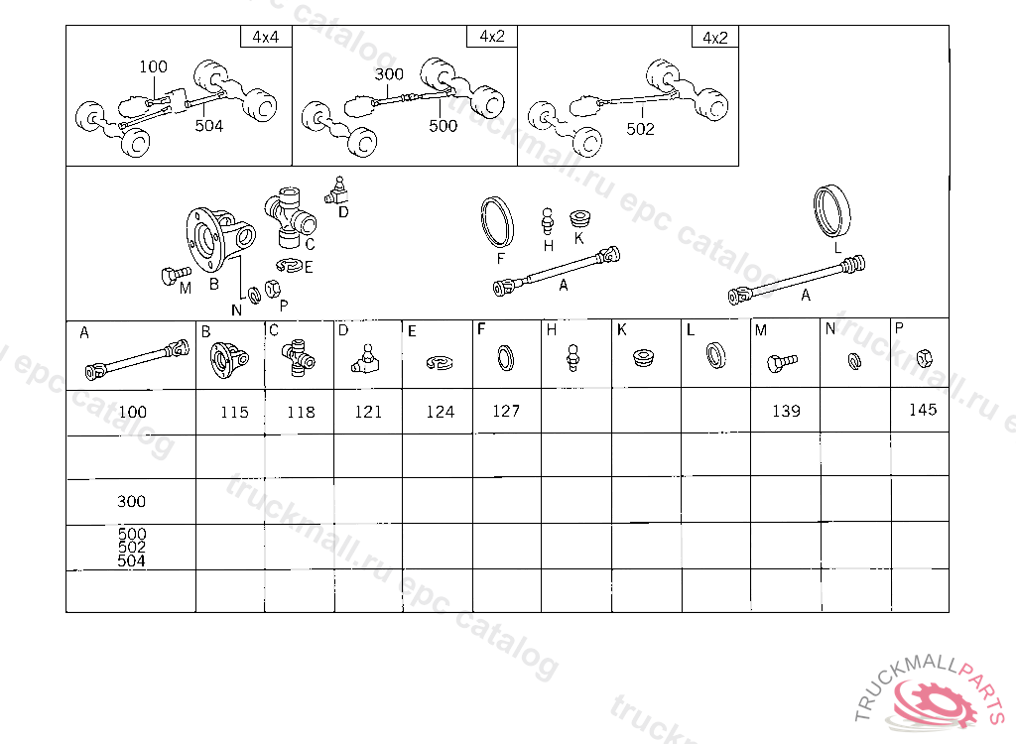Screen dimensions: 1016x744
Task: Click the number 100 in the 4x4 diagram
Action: (154, 66)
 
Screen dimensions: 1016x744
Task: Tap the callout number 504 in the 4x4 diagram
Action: (208, 126)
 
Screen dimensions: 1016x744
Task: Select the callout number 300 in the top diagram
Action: (389, 74)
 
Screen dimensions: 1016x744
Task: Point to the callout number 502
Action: (641, 129)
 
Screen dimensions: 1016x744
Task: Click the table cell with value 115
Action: (235, 412)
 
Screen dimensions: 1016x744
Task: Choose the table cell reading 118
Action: (301, 412)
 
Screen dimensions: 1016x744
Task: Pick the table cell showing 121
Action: (368, 412)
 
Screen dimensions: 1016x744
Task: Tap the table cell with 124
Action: (440, 412)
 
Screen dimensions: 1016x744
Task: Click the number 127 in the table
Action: (506, 411)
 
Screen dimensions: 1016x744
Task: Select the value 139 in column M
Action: (786, 411)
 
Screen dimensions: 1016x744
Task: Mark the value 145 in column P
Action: (923, 410)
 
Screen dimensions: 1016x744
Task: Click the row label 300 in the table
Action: (131, 502)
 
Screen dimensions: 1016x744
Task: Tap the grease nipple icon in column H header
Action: (571, 356)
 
